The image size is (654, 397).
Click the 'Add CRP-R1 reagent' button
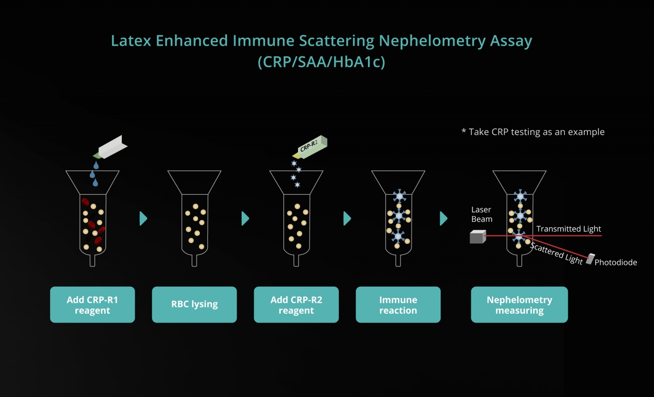point(92,304)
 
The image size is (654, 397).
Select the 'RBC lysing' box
point(194,304)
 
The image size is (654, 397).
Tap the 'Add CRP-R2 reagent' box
point(296,304)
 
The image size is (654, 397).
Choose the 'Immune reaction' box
point(398,304)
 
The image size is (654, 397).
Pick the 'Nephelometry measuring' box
point(520,304)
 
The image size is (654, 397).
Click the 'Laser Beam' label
point(482,214)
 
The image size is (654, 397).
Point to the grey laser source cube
point(478,237)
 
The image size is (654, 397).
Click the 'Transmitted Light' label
point(569,229)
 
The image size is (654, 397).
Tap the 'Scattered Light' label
point(556,253)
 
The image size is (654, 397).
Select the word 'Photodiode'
point(616,263)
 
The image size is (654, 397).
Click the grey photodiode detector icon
point(590,259)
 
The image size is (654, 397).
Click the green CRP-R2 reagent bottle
point(310,147)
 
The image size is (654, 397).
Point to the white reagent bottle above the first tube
point(110,147)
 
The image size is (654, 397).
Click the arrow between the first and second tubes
point(143,218)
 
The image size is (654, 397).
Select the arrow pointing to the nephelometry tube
point(443,218)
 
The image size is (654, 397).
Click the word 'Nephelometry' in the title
point(432,40)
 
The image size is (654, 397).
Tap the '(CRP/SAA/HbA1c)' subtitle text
point(322,62)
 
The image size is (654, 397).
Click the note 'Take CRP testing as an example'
point(533,132)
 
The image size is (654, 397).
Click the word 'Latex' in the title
point(131,40)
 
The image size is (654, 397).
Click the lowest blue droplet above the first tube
point(95,183)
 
